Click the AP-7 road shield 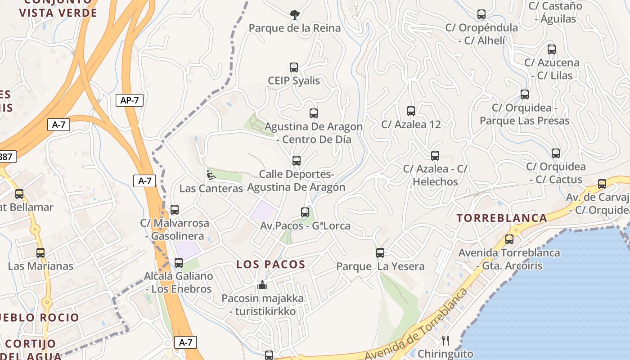tap(130, 100)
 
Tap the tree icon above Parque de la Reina tap(295, 15)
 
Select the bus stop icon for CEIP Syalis tap(294, 67)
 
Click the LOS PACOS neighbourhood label tap(271, 265)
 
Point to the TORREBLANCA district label tap(502, 218)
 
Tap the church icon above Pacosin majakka tap(262, 285)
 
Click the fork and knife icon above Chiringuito tap(445, 340)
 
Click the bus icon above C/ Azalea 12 tap(411, 111)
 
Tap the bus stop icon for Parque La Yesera tap(380, 253)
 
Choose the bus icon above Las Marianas tap(40, 253)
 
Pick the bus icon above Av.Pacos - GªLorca tap(305, 212)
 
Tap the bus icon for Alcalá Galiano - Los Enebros tap(179, 263)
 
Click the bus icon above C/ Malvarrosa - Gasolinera tap(175, 210)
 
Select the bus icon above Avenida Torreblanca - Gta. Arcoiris tap(509, 239)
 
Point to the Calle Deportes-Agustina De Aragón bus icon tap(297, 161)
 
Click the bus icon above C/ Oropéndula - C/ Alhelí tap(481, 14)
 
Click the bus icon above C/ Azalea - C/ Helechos tap(435, 156)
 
